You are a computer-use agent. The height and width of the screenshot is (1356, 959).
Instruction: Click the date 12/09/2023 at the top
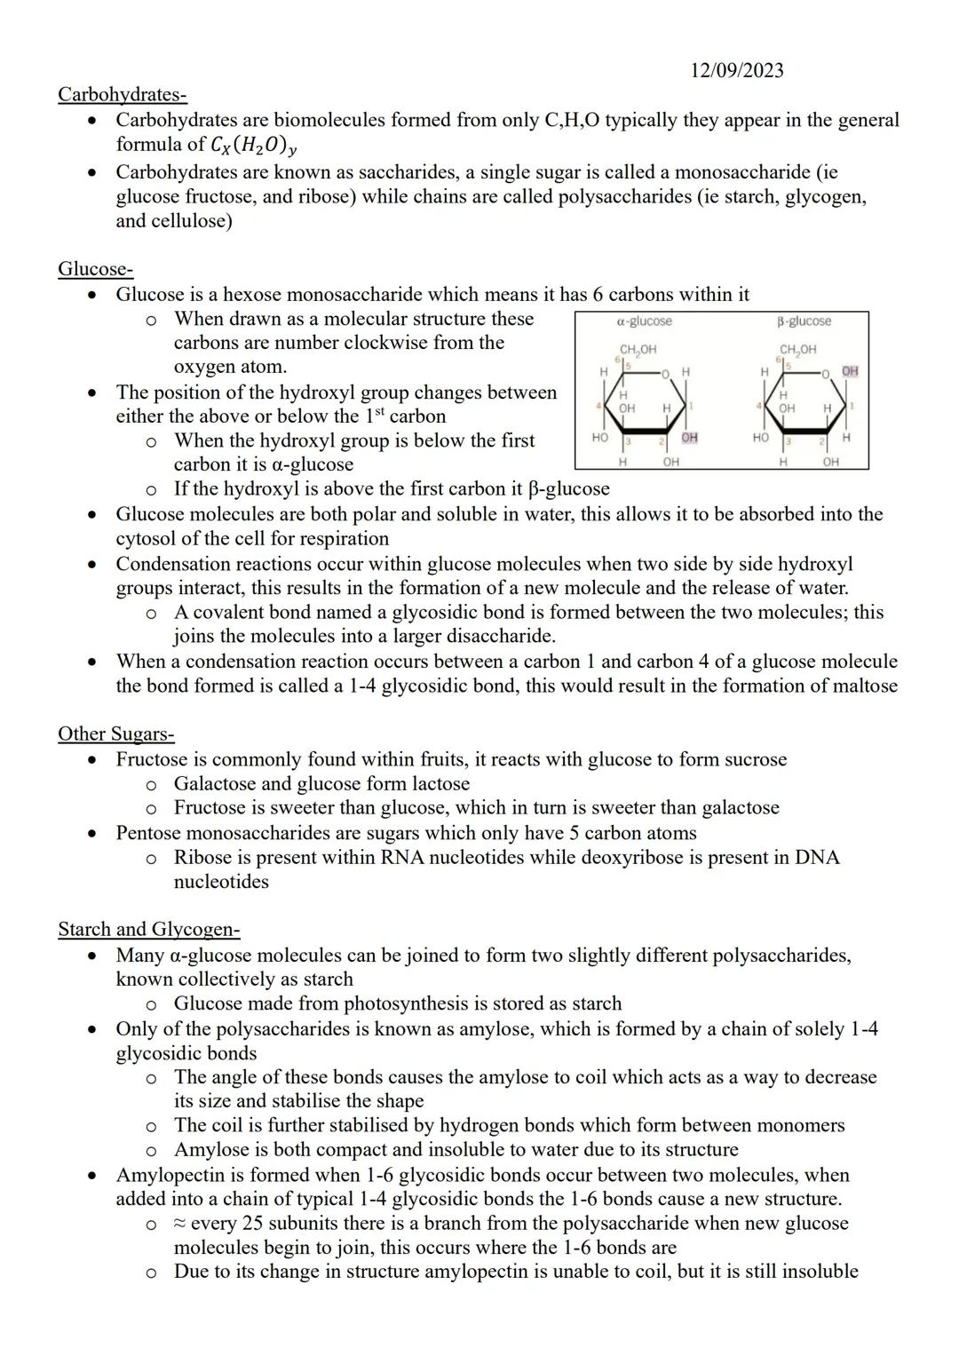pos(736,71)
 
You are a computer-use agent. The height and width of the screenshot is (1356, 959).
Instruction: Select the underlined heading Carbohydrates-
pos(122,94)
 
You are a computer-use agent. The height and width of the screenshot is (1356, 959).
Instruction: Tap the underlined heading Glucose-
pos(95,268)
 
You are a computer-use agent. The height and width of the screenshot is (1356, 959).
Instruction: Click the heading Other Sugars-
pos(115,734)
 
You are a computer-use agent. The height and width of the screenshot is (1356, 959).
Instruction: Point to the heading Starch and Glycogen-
pos(148,930)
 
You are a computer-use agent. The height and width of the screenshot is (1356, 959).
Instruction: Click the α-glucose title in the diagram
pos(644,321)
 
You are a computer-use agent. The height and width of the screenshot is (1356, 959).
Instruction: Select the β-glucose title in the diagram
pos(804,321)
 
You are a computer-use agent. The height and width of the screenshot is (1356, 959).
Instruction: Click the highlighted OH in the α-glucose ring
pos(690,438)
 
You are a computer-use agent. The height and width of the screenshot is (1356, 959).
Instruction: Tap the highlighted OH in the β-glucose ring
pos(850,370)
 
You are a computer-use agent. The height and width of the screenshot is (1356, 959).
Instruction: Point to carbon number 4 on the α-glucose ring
pos(599,406)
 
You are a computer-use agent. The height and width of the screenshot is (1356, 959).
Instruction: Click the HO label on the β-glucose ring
pos(760,438)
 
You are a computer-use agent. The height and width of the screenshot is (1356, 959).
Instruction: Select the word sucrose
pos(756,759)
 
